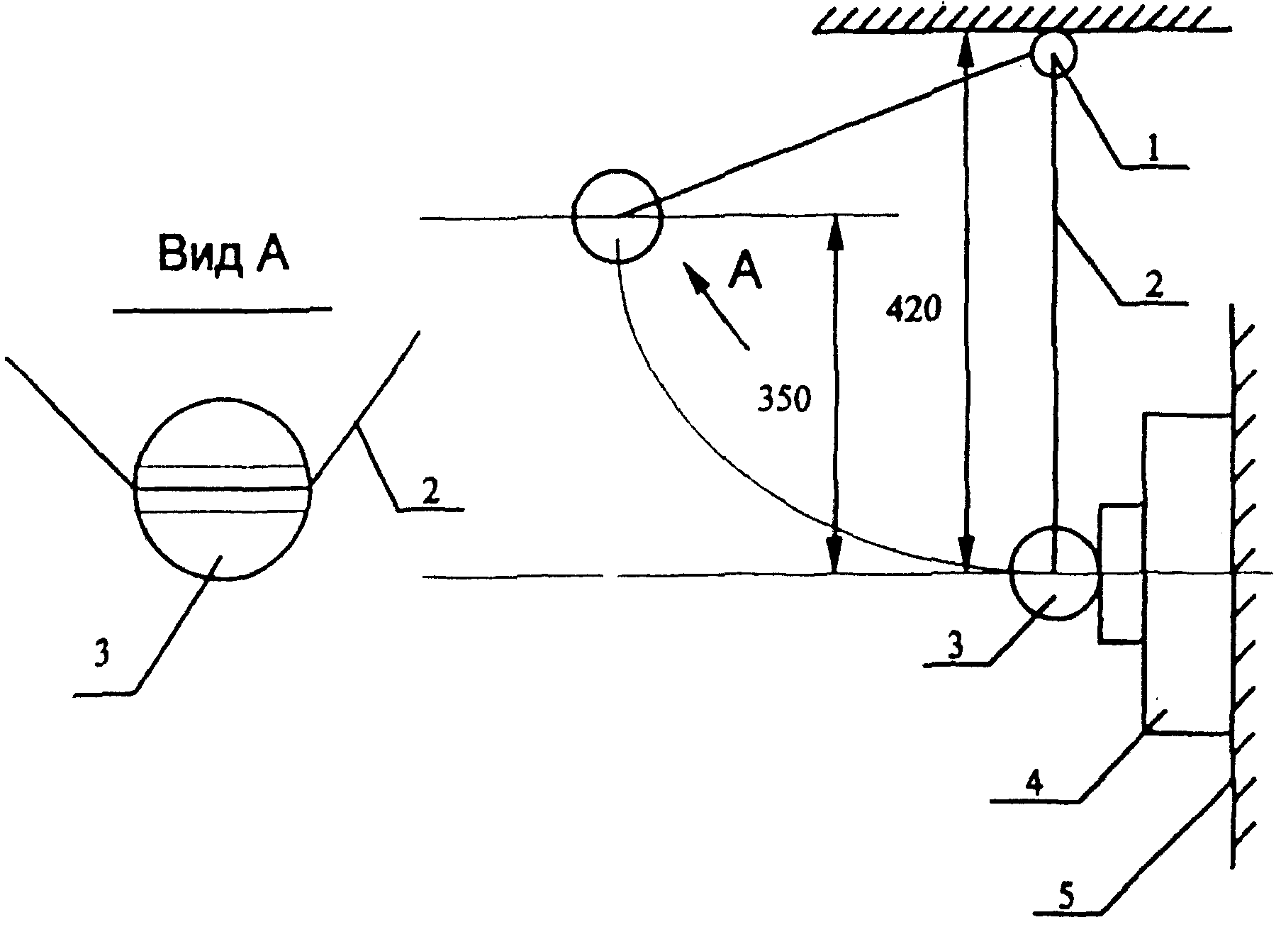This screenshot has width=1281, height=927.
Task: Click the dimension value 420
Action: [914, 310]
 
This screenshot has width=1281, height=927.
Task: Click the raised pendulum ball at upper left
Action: [617, 216]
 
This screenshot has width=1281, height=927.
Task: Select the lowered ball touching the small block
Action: [1055, 572]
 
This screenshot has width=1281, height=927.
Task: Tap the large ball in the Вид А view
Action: [223, 489]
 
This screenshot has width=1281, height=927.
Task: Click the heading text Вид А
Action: [223, 254]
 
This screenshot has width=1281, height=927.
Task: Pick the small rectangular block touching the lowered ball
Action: [1121, 574]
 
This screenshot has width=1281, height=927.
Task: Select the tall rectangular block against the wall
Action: [1187, 574]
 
